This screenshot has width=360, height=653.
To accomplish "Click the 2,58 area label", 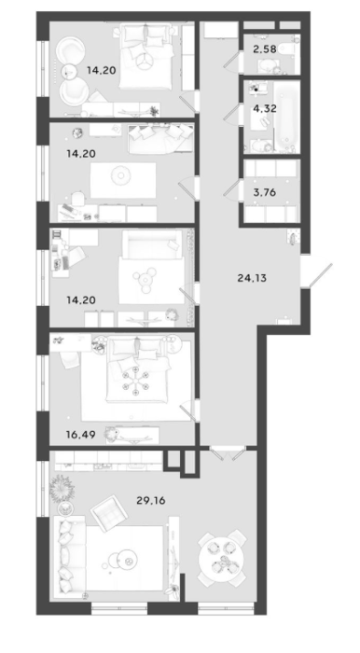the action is pyautogui.click(x=264, y=49).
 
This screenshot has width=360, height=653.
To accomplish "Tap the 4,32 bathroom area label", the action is pyautogui.click(x=265, y=109).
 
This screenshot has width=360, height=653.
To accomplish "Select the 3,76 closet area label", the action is pyautogui.click(x=265, y=193).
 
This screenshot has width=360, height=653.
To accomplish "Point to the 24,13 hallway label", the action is pyautogui.click(x=252, y=278).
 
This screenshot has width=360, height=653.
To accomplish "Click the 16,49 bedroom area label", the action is pyautogui.click(x=81, y=435).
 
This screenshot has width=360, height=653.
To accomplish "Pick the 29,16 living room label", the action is pyautogui.click(x=151, y=500).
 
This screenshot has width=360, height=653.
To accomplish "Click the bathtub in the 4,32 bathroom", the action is pyautogui.click(x=286, y=117).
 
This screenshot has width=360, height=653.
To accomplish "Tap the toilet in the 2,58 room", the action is pyautogui.click(x=288, y=49).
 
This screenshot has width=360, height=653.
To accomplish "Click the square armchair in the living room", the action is pyautogui.click(x=109, y=512).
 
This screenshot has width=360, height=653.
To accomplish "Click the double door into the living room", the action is pyautogui.click(x=228, y=453).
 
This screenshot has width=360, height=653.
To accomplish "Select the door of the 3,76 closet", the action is pyautogui.click(x=232, y=189).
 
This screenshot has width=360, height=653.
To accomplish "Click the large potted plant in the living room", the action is pyautogui.click(x=62, y=487).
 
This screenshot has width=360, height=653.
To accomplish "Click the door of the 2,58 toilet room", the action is pyautogui.click(x=233, y=61).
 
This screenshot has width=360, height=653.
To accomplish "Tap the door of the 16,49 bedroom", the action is pyautogui.click(x=189, y=410).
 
